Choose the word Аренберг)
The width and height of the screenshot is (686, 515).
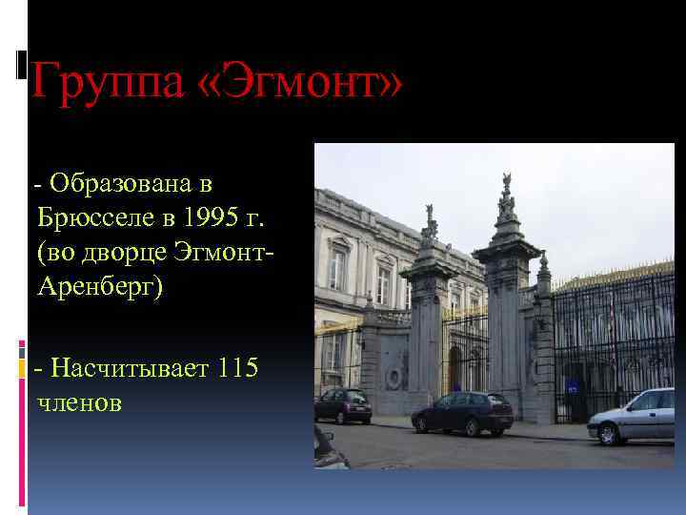tap(101, 287)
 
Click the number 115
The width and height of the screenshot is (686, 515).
tap(237, 367)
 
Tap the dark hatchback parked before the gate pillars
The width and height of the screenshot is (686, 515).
tap(462, 412)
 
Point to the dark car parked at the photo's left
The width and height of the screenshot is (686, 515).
tap(343, 405)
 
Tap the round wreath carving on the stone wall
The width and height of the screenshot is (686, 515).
tap(393, 378)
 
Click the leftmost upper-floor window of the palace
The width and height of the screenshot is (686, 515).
tap(336, 269)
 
